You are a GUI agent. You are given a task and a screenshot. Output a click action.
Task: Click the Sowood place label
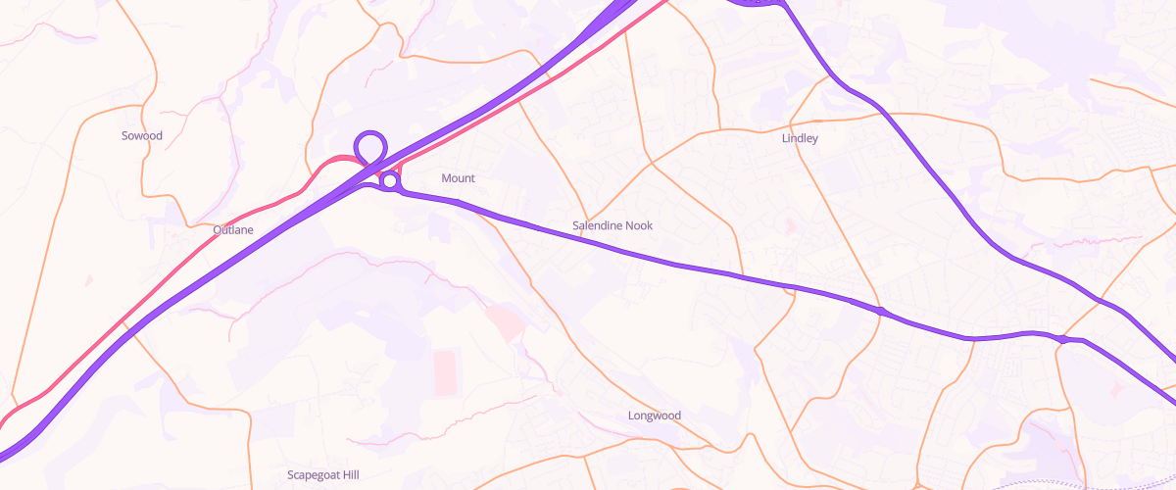coord(142,135)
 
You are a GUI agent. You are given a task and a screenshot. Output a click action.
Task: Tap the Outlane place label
coord(233,230)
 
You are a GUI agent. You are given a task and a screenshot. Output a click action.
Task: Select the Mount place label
coord(458,178)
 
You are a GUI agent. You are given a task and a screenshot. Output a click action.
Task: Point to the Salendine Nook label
coord(612,226)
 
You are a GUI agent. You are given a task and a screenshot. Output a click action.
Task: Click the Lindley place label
coord(800,138)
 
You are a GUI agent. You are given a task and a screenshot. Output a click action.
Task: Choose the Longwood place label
coord(654,416)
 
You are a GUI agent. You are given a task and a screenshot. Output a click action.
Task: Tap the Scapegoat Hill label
coord(323,475)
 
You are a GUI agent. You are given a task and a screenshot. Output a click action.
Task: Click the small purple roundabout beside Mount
coord(390,180)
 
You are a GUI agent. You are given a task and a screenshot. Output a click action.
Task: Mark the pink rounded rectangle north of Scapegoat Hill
coord(446,372)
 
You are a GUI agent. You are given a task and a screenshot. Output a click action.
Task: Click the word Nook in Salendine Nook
coord(638,226)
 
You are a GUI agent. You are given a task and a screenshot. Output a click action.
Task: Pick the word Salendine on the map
coord(597,226)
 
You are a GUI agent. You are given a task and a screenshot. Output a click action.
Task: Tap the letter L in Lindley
coord(785,138)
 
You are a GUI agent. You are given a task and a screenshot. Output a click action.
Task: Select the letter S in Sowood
coord(124,135)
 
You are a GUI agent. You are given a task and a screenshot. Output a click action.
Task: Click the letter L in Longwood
coord(631,416)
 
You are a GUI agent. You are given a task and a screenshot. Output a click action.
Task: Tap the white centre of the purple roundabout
coord(390,180)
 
